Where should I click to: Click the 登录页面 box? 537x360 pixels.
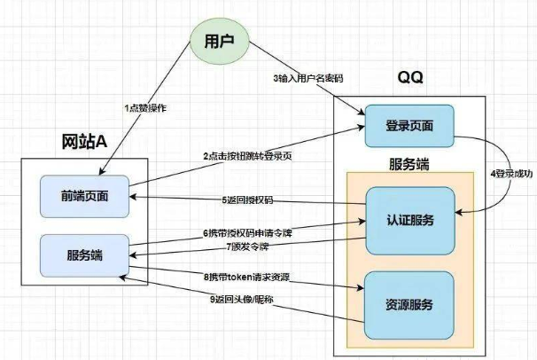tap(409, 126)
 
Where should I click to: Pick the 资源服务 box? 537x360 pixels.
tap(409, 305)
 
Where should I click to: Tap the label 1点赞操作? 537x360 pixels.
tap(144, 108)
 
